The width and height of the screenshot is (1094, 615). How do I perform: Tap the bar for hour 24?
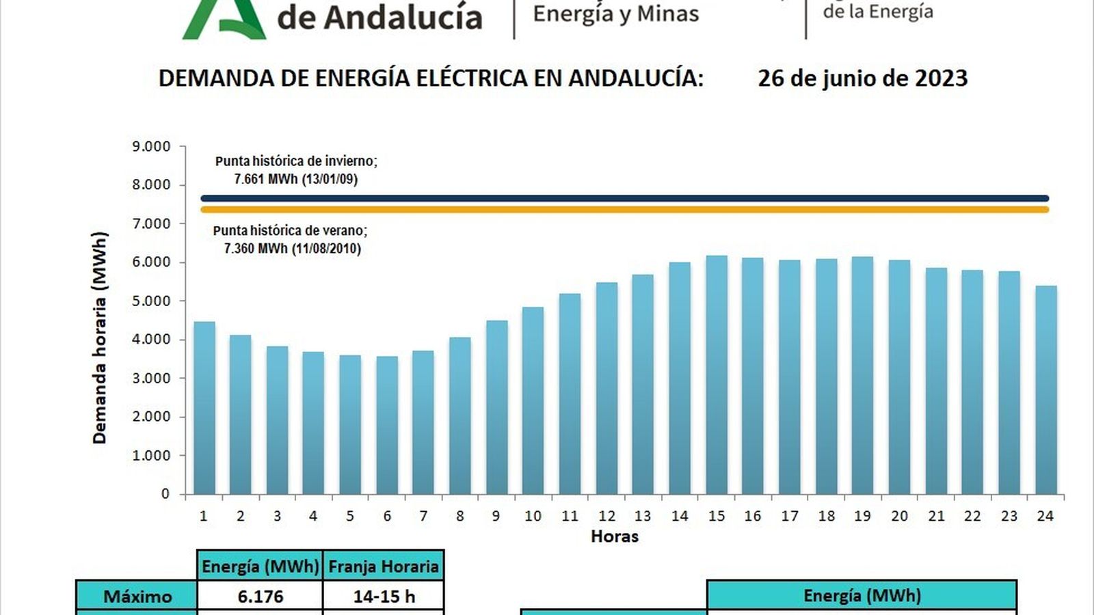[1045, 389]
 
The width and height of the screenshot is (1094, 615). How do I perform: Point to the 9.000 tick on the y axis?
[151, 146]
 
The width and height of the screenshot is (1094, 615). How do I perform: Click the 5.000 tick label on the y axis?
[151, 301]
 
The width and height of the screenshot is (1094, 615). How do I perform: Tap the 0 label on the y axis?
[165, 493]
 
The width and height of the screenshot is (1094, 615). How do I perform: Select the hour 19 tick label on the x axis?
[862, 516]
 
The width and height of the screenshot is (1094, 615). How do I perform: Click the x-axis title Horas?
[614, 536]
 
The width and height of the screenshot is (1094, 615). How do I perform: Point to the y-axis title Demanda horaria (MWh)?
[100, 338]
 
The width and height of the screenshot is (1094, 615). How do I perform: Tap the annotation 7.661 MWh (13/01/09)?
[295, 179]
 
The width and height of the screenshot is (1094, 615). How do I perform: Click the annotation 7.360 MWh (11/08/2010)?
[292, 249]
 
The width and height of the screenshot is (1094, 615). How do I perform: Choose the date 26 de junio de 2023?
[862, 78]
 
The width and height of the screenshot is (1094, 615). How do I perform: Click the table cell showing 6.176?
[260, 596]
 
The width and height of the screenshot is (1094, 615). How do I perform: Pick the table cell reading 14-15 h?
[384, 596]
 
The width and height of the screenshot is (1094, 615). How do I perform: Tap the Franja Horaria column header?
[383, 566]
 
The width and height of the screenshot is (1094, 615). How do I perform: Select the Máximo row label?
[137, 596]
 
